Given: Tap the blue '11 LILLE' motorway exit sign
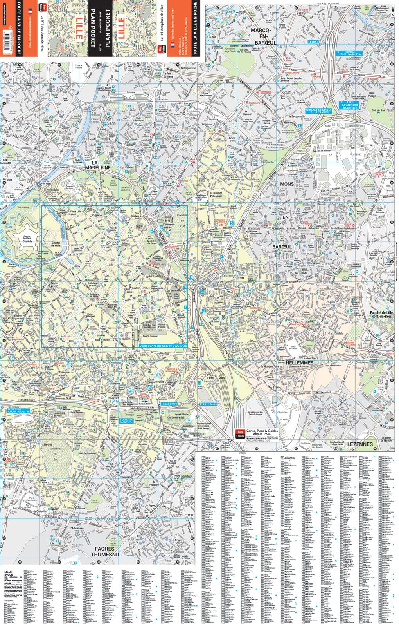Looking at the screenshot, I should [313, 42].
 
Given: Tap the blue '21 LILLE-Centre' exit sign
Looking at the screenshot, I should [208, 404].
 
